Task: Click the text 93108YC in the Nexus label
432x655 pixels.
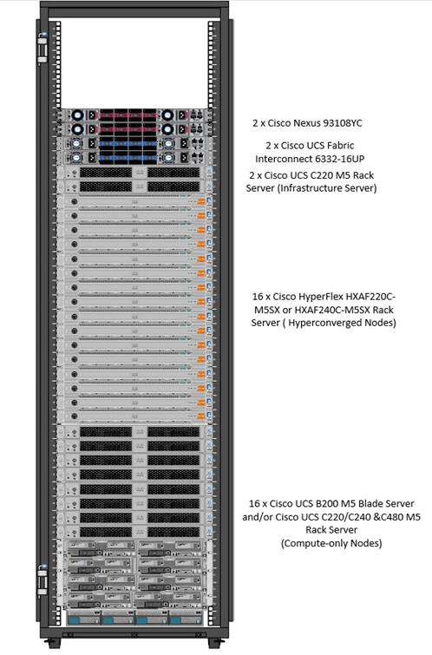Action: [x=342, y=123]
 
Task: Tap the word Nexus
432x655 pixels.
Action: [x=306, y=123]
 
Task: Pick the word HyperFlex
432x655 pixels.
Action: [x=320, y=297]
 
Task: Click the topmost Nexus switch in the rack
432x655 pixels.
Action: [x=134, y=115]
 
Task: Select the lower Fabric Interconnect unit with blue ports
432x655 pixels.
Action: [x=134, y=158]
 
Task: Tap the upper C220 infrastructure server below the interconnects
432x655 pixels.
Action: [x=134, y=172]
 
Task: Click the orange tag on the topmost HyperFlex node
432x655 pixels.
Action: [x=201, y=201]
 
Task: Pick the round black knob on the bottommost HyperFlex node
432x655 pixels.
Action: [x=75, y=416]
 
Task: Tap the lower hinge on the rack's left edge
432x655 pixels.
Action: [x=43, y=580]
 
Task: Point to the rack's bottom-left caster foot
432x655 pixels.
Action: [x=52, y=643]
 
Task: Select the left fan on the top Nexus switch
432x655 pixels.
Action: [x=78, y=115]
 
